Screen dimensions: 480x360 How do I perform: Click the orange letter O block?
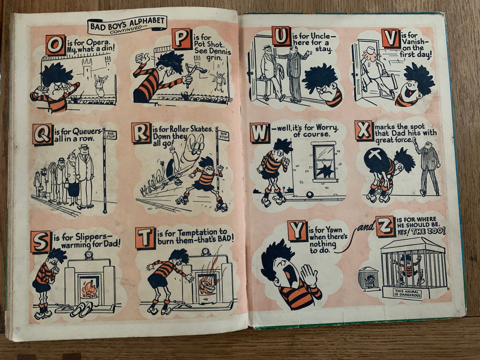[x=55, y=45]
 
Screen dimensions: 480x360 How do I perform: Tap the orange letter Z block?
[x=385, y=226]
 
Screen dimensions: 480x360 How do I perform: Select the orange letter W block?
[x=260, y=133]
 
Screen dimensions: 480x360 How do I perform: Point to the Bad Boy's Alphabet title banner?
[x=127, y=25]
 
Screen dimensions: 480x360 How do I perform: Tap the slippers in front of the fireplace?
[x=82, y=309]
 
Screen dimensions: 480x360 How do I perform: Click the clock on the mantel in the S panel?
[x=89, y=254]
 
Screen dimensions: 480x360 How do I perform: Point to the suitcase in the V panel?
[x=388, y=82]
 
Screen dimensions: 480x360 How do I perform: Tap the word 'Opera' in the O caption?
[x=96, y=42]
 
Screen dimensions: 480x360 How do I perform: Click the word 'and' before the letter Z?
[x=366, y=227]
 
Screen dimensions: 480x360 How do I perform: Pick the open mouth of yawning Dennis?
[x=290, y=275]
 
